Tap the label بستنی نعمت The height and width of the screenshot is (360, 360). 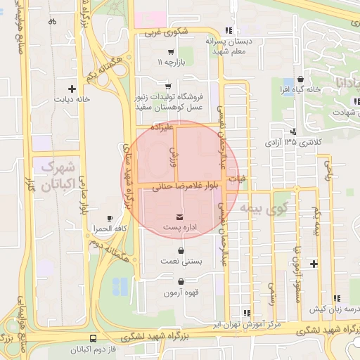182,262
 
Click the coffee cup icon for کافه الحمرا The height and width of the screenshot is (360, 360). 109,217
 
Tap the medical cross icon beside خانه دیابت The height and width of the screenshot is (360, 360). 71,89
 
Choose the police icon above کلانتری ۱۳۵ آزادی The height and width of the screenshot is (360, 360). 293,131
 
